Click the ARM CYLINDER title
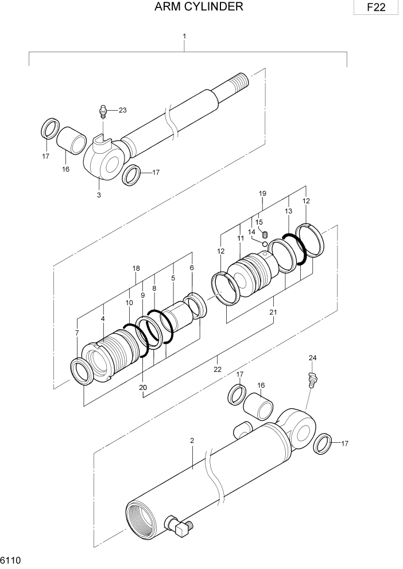click(199, 7)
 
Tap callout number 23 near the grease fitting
click(122, 110)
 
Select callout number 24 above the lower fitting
click(312, 358)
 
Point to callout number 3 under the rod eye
click(99, 195)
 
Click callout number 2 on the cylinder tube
click(192, 441)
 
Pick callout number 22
click(218, 369)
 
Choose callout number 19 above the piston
click(262, 194)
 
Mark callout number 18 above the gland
click(136, 268)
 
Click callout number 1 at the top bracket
click(184, 36)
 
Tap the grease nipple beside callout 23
click(103, 111)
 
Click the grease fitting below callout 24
click(312, 380)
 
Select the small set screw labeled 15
click(265, 233)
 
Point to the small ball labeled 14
click(263, 244)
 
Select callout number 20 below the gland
click(143, 387)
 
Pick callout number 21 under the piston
click(273, 313)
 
